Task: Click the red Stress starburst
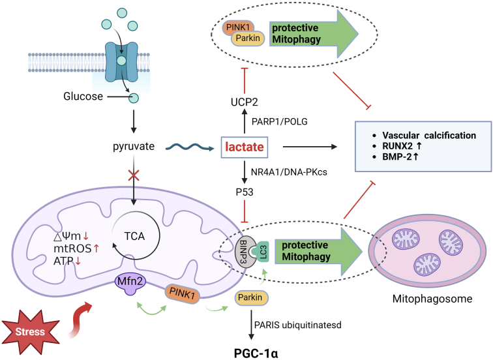coord(31,332)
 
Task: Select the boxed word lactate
coord(245,147)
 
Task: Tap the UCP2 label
coord(245,102)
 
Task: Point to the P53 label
coord(245,192)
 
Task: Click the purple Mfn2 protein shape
coord(130,283)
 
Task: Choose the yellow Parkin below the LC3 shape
coord(251,297)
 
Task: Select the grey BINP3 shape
coord(245,252)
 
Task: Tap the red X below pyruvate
coord(134,175)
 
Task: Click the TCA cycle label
coord(134,236)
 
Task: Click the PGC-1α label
coord(256,353)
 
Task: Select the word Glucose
coord(83,97)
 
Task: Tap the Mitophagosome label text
coord(432,299)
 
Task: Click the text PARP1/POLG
coord(280,122)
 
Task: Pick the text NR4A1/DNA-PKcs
coord(289,172)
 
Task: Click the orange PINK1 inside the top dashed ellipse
coord(237,28)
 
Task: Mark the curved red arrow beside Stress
coord(80,320)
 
